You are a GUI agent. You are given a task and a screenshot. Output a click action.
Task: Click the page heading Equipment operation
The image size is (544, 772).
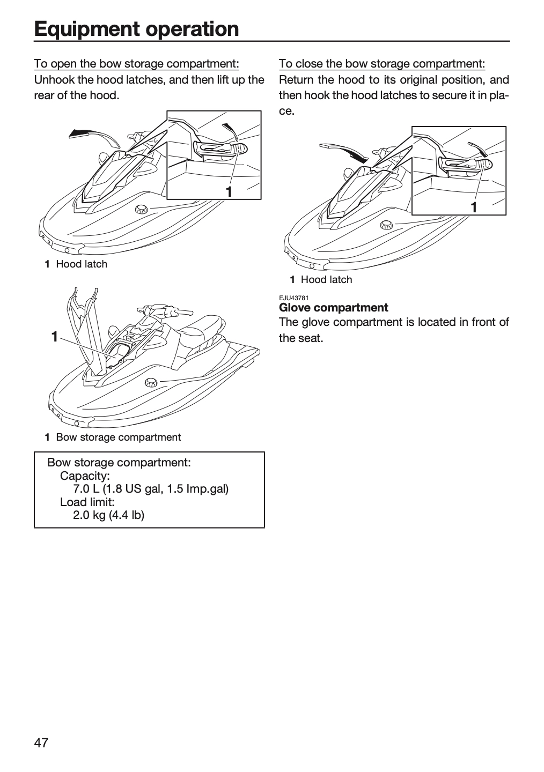point(136,29)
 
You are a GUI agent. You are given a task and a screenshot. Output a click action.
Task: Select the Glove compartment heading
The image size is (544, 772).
point(333,307)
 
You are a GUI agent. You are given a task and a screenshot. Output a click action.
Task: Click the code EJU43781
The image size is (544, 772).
point(293,298)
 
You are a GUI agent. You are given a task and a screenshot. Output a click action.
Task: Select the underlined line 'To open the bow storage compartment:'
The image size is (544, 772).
point(137,64)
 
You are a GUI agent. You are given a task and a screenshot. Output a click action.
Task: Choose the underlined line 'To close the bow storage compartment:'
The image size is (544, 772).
point(382,64)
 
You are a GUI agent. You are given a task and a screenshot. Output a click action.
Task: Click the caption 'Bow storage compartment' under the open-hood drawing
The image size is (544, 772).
point(119,437)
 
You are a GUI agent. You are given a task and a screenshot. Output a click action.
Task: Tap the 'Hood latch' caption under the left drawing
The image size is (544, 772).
point(82,264)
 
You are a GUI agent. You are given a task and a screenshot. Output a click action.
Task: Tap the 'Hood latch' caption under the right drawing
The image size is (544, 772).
point(326,279)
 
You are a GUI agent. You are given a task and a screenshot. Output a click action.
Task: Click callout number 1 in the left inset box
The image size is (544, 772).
point(229,191)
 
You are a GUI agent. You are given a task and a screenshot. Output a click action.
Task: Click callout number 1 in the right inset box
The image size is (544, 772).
point(474,207)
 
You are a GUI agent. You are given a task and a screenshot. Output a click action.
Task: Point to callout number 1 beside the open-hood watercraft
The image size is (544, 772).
point(55,337)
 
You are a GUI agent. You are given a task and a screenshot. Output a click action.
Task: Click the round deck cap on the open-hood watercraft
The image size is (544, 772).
point(151,382)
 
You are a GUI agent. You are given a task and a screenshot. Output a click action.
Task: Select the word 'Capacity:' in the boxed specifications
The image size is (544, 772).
point(85,476)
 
